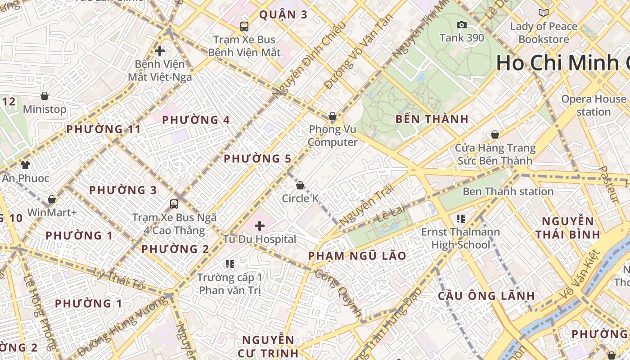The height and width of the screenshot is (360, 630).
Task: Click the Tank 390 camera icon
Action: [x=461, y=25]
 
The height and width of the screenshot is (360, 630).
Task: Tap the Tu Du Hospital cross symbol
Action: [x=260, y=225]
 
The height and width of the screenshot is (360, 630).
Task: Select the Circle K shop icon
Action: [x=300, y=185]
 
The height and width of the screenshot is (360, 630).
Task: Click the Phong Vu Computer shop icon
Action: [x=333, y=116]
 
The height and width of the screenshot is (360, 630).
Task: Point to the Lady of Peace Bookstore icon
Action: [x=544, y=13]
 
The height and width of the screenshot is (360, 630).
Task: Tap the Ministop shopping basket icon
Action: [x=45, y=96]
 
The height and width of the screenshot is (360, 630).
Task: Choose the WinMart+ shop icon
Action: [x=52, y=199]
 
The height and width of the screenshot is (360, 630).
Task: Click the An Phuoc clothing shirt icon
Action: [x=25, y=165]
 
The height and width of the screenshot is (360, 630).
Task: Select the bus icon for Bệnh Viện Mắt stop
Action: [x=244, y=26]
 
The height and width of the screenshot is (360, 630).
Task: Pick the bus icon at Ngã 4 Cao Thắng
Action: [x=174, y=204]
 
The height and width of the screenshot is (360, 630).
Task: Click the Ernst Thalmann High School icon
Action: [x=460, y=219]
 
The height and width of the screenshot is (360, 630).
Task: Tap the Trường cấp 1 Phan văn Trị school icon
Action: [x=230, y=264]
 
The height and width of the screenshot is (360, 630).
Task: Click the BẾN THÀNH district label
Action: [x=432, y=119]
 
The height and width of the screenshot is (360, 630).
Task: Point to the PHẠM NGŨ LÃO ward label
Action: [x=357, y=256]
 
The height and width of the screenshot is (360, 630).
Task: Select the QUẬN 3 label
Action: [x=283, y=15]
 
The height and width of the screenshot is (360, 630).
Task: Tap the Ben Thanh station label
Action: [x=508, y=192]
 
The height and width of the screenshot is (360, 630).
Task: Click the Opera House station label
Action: [x=594, y=105]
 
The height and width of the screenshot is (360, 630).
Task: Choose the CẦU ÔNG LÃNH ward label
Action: [x=486, y=296]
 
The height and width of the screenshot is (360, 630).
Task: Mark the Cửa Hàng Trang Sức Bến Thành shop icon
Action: [x=495, y=135]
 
